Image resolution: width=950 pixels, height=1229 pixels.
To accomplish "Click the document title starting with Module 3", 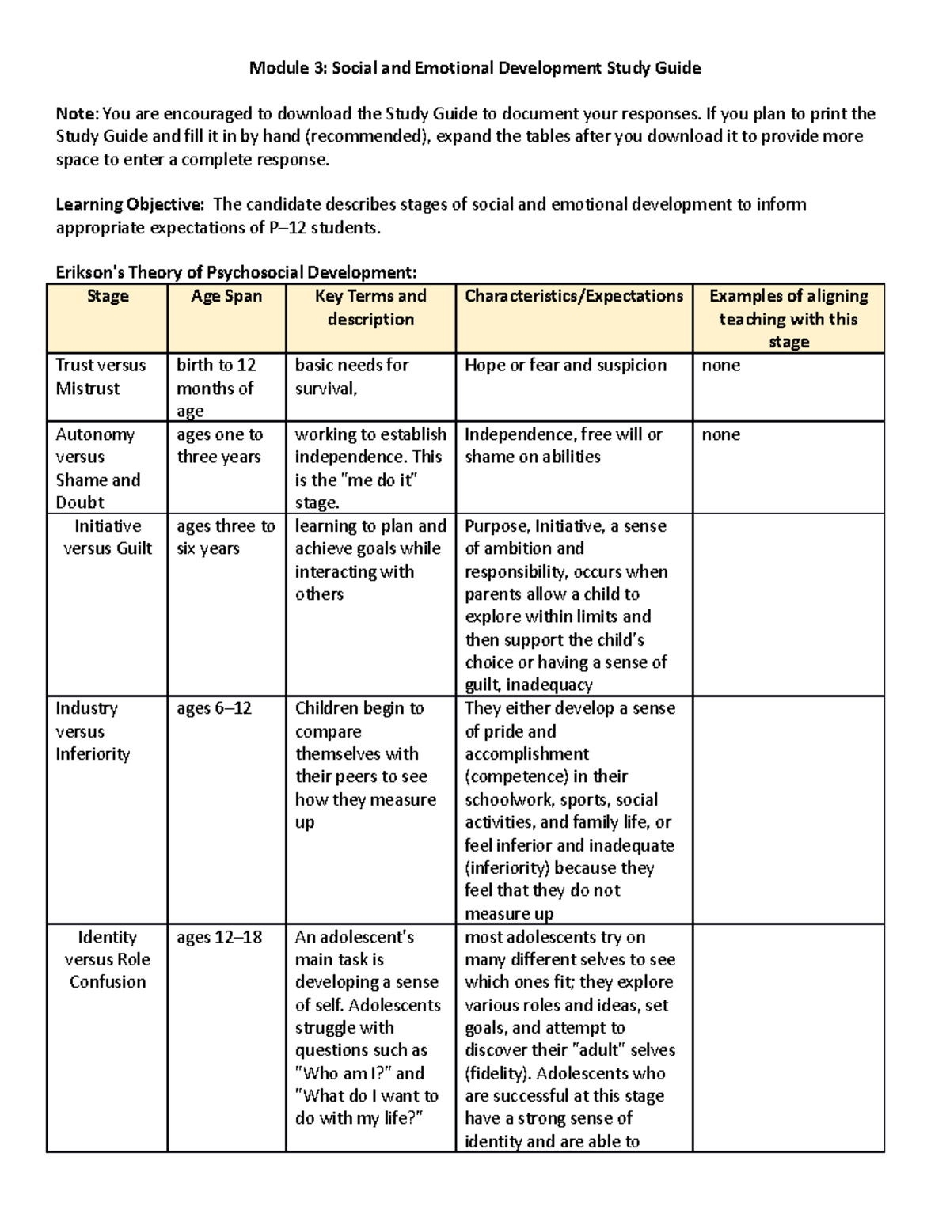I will (475, 68).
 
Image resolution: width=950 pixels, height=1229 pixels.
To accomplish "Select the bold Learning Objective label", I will (129, 205).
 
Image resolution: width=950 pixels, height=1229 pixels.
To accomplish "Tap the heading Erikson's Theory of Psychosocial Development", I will (235, 273).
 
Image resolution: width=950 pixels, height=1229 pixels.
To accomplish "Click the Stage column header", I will (107, 297).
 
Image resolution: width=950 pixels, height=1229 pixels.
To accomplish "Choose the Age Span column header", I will (226, 297).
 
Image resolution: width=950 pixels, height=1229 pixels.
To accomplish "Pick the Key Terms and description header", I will (370, 308).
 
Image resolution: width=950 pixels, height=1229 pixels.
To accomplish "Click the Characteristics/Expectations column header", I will (574, 297).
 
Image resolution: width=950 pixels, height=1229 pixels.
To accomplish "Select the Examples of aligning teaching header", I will (788, 318).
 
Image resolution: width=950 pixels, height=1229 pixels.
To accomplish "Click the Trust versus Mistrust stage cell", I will (100, 377).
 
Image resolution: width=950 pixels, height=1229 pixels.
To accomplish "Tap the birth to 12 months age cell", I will (216, 388).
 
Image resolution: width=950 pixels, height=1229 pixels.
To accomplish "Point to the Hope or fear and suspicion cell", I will (565, 366).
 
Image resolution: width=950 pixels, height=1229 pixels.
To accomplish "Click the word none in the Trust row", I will (720, 366).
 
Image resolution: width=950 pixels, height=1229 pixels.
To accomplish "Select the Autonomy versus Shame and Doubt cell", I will (97, 468).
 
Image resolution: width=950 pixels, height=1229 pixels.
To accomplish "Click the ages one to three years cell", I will (219, 446).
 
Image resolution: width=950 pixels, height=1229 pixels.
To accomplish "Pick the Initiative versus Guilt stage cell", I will (107, 537).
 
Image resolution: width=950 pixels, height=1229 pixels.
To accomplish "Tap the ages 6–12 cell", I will (214, 708).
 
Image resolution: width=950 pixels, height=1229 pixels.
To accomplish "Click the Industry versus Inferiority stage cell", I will (92, 731).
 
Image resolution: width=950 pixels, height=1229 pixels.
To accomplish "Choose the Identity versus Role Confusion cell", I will (107, 959).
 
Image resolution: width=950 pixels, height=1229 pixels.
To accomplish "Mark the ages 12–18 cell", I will (218, 938).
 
